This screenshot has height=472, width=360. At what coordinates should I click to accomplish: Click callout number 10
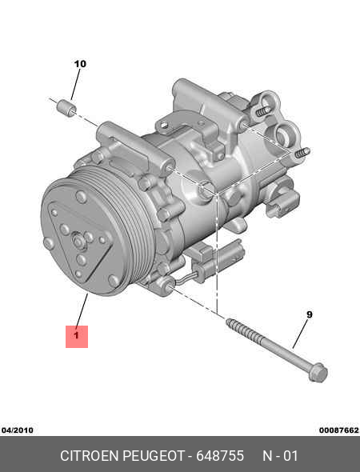(x=80, y=64)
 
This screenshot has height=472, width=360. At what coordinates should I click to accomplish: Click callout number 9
(x=309, y=314)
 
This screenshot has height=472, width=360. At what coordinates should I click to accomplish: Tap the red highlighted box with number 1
(x=77, y=337)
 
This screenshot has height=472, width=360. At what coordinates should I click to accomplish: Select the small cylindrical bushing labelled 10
(x=66, y=108)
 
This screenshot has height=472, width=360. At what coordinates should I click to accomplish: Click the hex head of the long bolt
(x=318, y=372)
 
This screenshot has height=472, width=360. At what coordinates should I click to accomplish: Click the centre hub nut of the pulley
(x=78, y=242)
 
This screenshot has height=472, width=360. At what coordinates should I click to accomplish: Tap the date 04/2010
(x=17, y=430)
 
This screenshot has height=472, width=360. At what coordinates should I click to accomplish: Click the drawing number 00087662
(x=339, y=430)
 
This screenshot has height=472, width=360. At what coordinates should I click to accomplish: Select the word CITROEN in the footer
(x=90, y=456)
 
